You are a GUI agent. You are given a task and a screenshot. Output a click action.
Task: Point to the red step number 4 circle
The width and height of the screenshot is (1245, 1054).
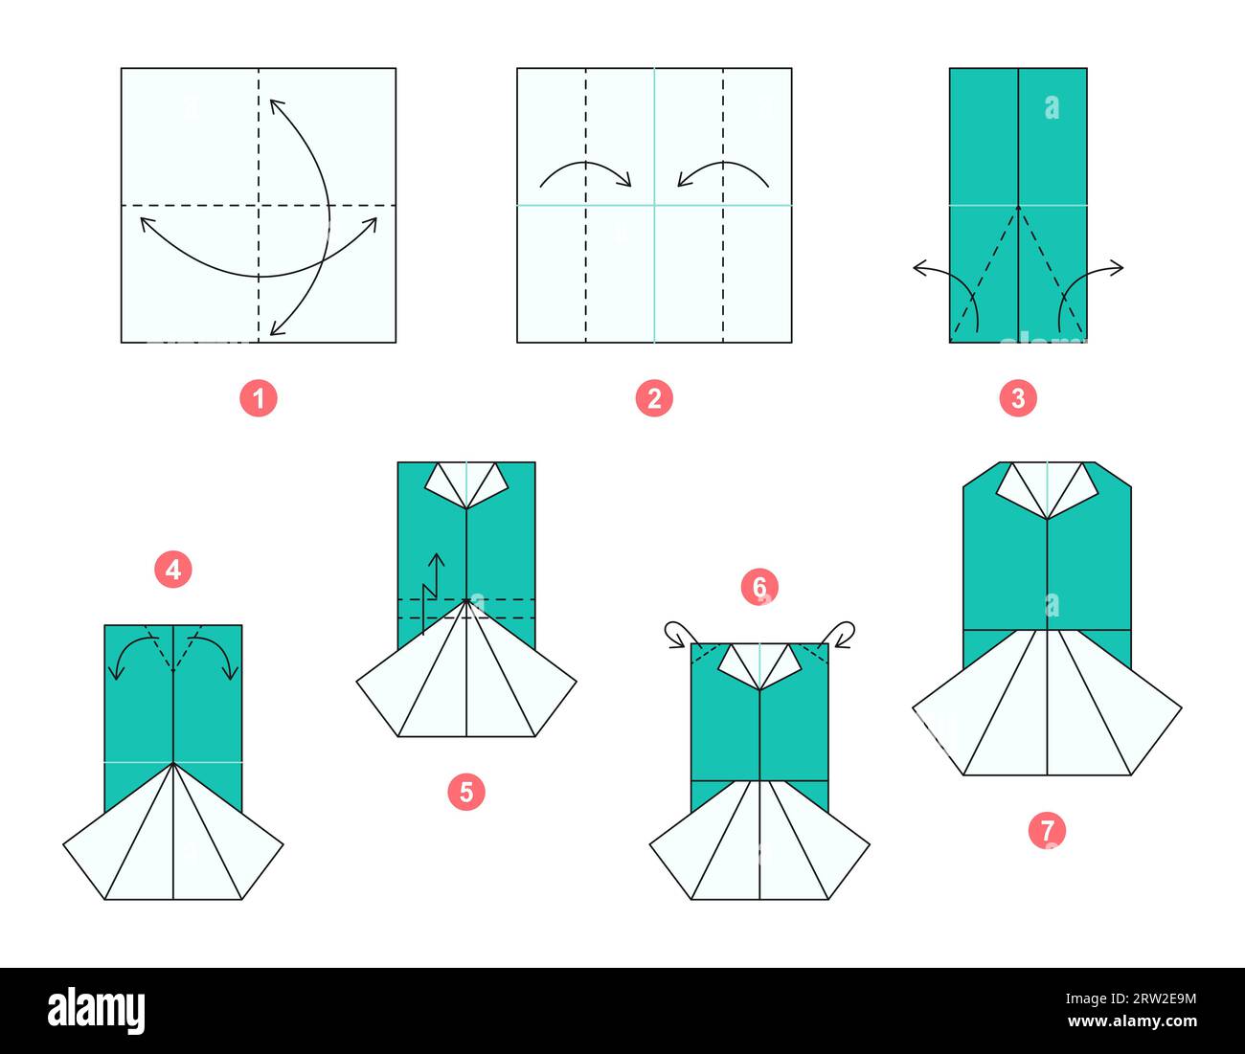click(172, 571)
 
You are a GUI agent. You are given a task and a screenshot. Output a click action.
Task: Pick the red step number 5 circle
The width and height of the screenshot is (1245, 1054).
click(466, 792)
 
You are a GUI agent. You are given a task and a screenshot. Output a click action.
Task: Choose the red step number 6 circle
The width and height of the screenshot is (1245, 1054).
click(759, 587)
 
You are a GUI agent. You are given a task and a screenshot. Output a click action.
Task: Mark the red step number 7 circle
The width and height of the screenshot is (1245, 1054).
click(1047, 830)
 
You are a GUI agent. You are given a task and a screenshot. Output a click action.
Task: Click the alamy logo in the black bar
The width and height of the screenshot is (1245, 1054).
click(97, 1010)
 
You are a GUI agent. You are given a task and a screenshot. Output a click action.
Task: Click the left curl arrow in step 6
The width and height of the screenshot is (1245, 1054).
click(679, 633)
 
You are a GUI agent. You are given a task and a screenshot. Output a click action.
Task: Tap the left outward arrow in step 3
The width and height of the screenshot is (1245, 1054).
click(943, 287)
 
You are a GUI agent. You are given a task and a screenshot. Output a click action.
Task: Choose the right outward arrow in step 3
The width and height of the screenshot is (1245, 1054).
click(1092, 287)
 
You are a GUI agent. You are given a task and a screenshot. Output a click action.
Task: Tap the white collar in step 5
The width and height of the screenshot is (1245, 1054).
click(466, 482)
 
